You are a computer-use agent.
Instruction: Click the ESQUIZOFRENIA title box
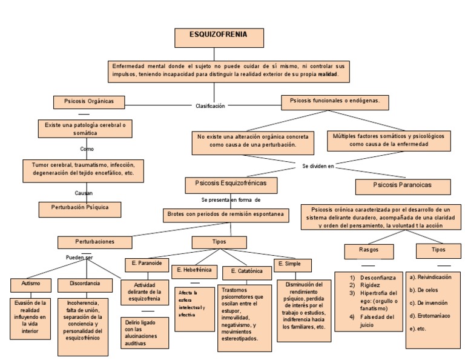tap(219, 37)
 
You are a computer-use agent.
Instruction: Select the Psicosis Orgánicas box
tap(84, 101)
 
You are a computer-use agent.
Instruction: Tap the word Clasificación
tap(210, 105)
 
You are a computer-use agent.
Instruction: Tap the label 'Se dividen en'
tap(318, 165)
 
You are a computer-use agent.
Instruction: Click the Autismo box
tap(27, 284)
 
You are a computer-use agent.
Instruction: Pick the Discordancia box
tap(84, 284)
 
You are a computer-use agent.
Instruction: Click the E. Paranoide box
tap(146, 264)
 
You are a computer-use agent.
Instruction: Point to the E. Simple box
tap(292, 265)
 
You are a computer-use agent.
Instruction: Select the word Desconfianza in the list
tap(377, 277)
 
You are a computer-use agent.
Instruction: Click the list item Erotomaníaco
tap(430, 316)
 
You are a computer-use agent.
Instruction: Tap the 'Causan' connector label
tap(84, 192)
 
